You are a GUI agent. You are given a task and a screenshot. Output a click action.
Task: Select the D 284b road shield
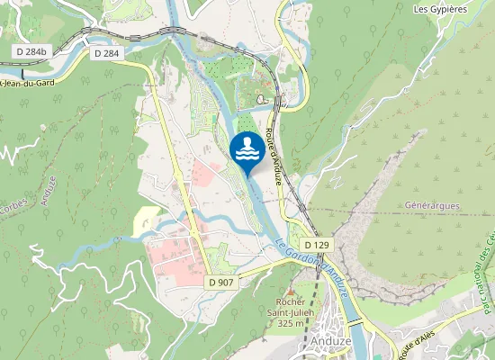(x=31, y=51)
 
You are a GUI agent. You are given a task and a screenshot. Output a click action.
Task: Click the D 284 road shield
(x=106, y=53)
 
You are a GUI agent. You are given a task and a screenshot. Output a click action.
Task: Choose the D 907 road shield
(x=220, y=283)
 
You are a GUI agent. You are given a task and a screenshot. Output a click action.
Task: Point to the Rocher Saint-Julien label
(x=290, y=306)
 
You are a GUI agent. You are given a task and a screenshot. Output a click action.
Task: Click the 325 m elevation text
(x=290, y=323)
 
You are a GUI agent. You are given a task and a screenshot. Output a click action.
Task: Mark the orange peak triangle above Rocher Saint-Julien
(x=290, y=290)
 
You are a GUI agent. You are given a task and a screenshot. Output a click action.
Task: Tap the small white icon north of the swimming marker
(x=261, y=100)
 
